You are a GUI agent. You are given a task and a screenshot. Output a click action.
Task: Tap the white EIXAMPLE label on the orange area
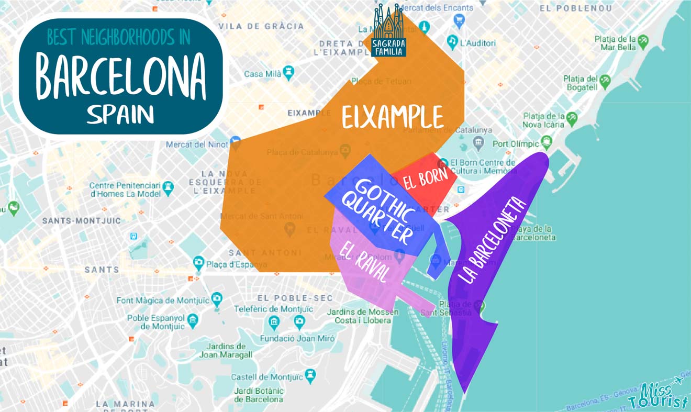coord(393,117)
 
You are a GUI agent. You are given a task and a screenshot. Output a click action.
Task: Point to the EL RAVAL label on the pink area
coord(365,262)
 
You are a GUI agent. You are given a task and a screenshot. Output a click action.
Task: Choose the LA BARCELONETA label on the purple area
coord(492,241)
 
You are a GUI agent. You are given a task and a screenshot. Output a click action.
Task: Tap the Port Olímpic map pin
coord(547,141)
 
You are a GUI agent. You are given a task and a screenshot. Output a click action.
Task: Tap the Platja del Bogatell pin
coord(605,81)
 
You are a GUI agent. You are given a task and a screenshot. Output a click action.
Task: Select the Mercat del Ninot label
coord(197,144)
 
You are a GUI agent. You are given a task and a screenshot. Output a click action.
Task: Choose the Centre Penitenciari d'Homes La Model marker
coord(168,187)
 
